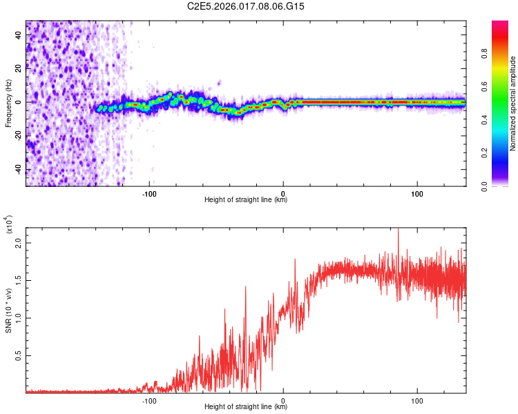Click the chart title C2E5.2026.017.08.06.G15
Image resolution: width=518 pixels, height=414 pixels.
point(247,6)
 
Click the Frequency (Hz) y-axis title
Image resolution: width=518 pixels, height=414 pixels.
point(9,103)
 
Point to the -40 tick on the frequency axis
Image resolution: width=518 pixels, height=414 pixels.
point(17,170)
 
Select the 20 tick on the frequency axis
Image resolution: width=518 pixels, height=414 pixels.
point(19,69)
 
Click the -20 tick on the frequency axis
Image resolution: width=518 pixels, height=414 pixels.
point(17,136)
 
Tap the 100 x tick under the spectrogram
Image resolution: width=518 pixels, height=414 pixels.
point(417,193)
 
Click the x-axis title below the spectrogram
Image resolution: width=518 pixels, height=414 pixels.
point(246,200)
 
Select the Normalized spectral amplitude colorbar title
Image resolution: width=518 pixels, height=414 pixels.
point(513,103)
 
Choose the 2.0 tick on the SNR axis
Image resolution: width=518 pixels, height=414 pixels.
point(19,243)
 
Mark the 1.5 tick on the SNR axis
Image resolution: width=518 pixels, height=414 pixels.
point(19,280)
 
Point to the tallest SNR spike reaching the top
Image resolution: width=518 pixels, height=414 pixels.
point(398,231)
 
